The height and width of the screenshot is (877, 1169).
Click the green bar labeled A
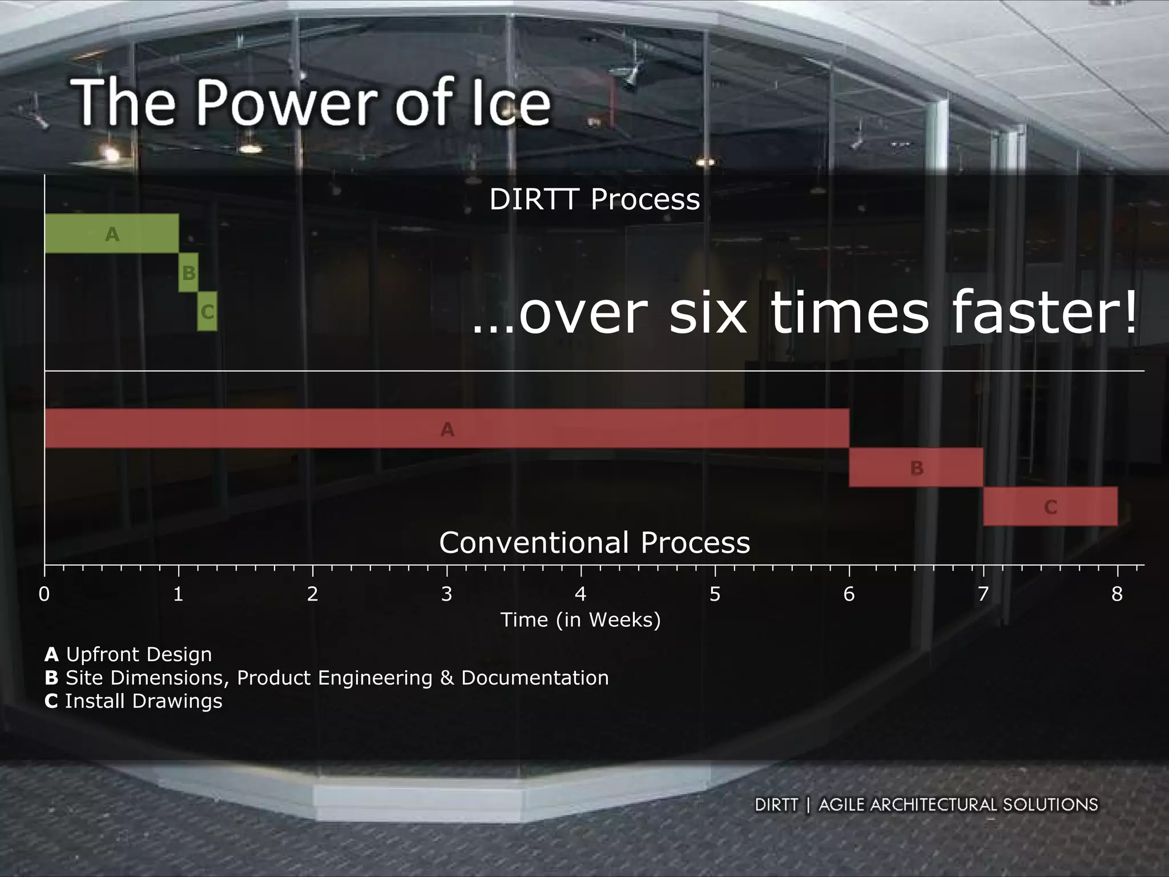pos(111,234)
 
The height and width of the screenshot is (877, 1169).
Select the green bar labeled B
pos(188,272)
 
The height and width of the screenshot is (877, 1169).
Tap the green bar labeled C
pos(207,311)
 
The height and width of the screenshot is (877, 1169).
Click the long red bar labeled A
pos(447,429)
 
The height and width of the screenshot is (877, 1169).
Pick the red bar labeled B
pos(916,468)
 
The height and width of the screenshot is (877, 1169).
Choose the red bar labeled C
pos(1050,506)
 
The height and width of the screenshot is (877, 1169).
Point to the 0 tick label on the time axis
pos(44,594)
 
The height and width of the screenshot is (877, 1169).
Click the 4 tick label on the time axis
pos(581,594)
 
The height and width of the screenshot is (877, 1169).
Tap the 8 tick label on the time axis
pos(1117,594)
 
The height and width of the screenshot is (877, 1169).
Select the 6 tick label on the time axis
pos(849,594)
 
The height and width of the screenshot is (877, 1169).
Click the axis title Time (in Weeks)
pos(581,619)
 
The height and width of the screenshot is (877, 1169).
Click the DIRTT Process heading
pos(594,199)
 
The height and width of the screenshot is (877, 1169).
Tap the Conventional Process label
pos(594,542)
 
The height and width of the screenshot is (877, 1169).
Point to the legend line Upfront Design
pos(128,654)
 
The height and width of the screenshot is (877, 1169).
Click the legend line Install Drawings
pos(134,701)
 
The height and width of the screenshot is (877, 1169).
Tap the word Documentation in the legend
pos(535,678)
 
